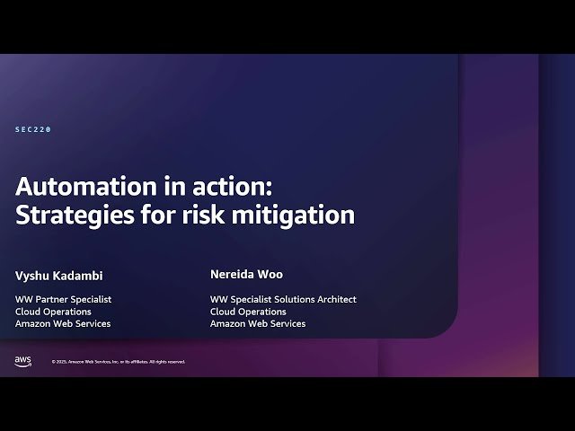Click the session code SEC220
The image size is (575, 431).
tap(33, 129)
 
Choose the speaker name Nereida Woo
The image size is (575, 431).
tap(246, 274)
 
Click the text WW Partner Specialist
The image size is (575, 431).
tap(63, 299)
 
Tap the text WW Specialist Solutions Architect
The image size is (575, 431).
tap(283, 299)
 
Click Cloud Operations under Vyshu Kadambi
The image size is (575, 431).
tap(53, 312)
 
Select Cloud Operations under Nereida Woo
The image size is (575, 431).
tap(248, 312)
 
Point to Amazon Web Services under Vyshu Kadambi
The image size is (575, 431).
tap(63, 323)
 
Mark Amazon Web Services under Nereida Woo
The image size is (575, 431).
tap(258, 323)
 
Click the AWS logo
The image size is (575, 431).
tap(22, 360)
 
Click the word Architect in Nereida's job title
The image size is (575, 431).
tap(336, 299)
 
